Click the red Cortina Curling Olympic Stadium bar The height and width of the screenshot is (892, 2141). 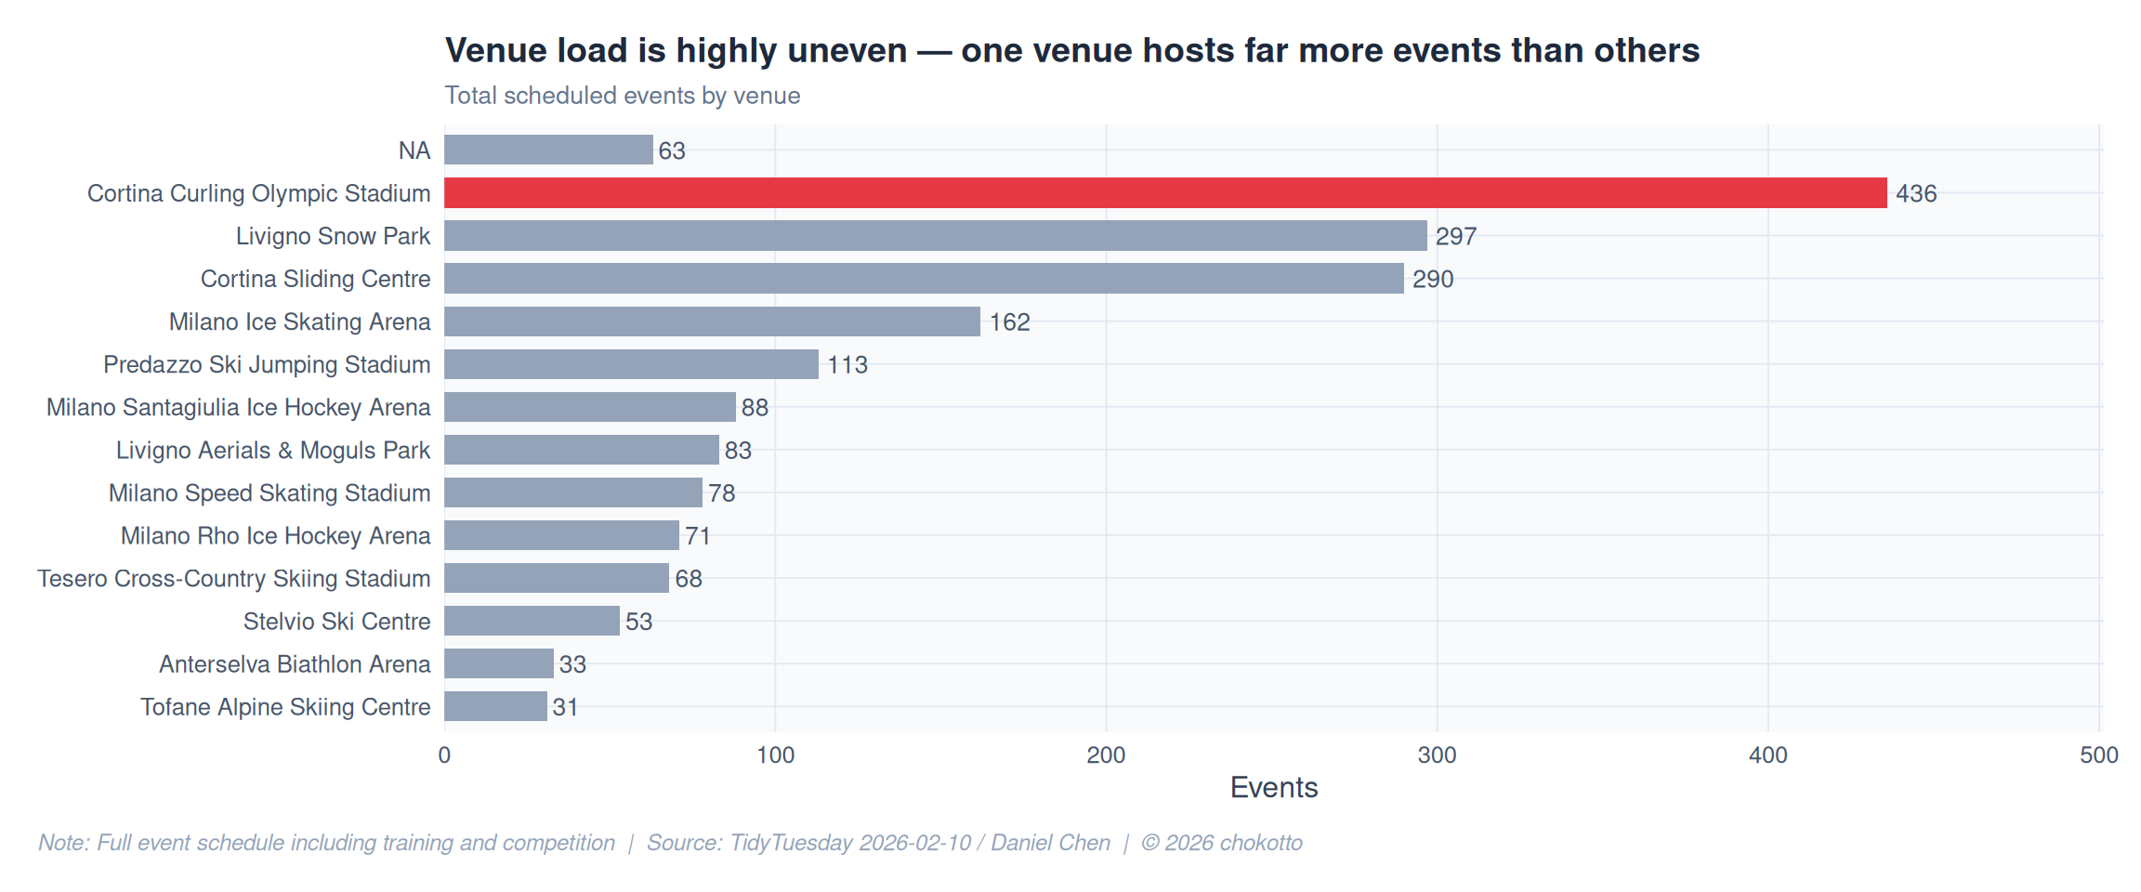[x=1165, y=193]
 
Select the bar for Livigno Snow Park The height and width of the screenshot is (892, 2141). [x=935, y=236]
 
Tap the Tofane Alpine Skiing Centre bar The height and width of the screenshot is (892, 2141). [x=495, y=707]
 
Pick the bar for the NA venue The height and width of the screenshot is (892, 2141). [x=548, y=151]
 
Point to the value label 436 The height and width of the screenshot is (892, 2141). [x=1916, y=194]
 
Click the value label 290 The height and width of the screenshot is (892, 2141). [x=1433, y=280]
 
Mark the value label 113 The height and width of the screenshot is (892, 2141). [x=847, y=365]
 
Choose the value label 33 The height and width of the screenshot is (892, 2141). [x=572, y=664]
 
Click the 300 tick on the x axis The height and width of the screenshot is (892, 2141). [x=1437, y=755]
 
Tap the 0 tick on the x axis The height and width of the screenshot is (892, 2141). [x=444, y=755]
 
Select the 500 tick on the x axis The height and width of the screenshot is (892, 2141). [x=2098, y=755]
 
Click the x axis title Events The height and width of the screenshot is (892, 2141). [x=1273, y=788]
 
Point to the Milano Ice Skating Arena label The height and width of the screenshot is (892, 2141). [x=299, y=322]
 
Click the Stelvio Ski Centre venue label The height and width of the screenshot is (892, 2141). [x=336, y=622]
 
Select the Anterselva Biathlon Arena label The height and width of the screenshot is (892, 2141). [x=295, y=664]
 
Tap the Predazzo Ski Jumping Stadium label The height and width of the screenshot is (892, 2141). [x=267, y=365]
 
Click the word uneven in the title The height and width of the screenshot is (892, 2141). [x=847, y=51]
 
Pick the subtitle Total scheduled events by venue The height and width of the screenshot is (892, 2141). [x=622, y=96]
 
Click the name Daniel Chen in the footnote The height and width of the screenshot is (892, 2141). [x=1050, y=843]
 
